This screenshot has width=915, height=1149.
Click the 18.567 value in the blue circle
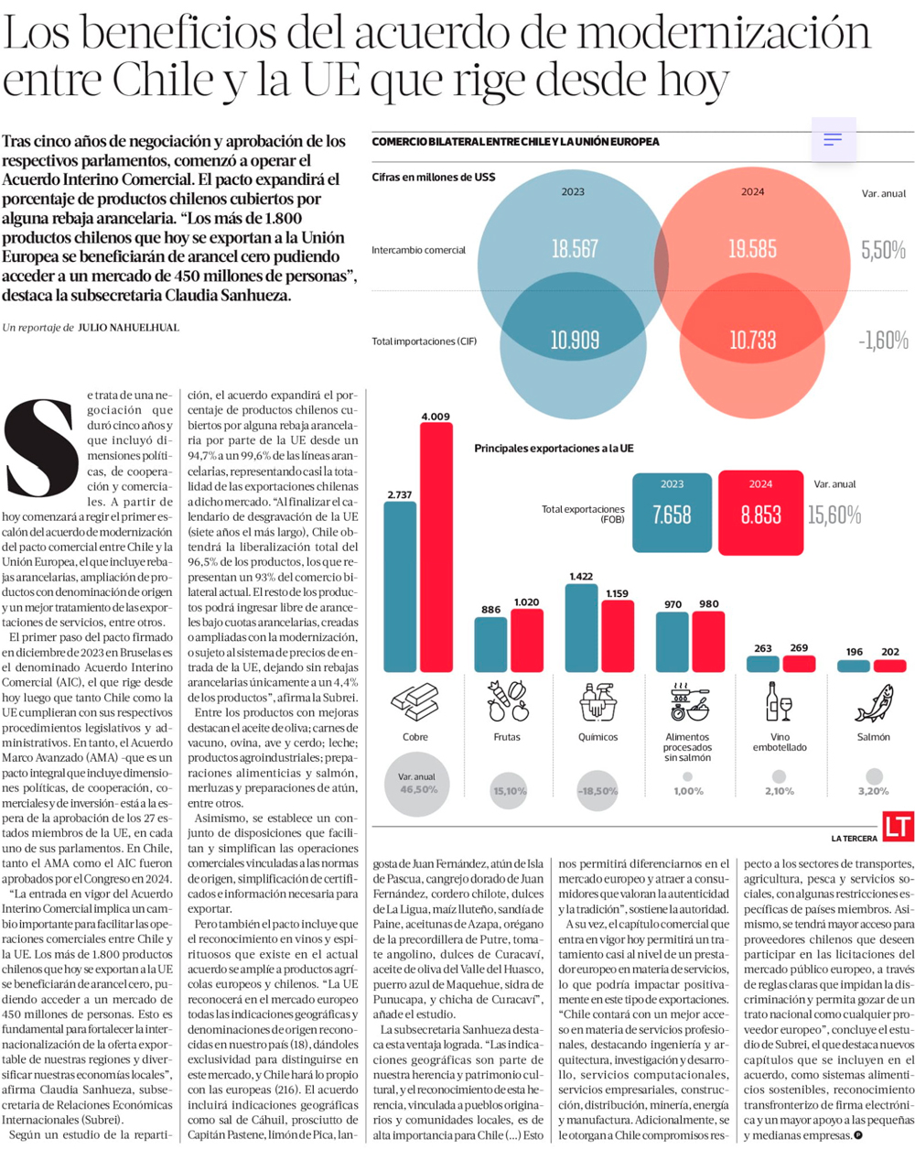pos(575,249)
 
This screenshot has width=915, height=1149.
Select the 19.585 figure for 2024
pos(752,249)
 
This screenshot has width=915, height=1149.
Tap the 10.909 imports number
pos(575,341)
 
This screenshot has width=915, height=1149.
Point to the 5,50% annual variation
pos(883,250)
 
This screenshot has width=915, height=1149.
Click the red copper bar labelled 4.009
pos(436,547)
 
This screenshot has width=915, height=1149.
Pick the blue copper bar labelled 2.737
pos(400,586)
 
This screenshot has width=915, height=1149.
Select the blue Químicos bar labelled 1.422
pos(581,628)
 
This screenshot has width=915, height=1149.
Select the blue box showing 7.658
pos(672,514)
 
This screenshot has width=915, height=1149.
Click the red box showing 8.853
pos(760,514)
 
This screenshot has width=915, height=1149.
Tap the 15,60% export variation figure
pos(834,515)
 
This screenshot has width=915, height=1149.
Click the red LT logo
pos(898,826)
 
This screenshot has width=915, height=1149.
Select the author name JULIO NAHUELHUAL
pos(128,327)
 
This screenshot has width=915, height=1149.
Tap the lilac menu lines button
pos(833,139)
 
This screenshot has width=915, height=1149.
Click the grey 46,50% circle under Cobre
pos(417,784)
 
